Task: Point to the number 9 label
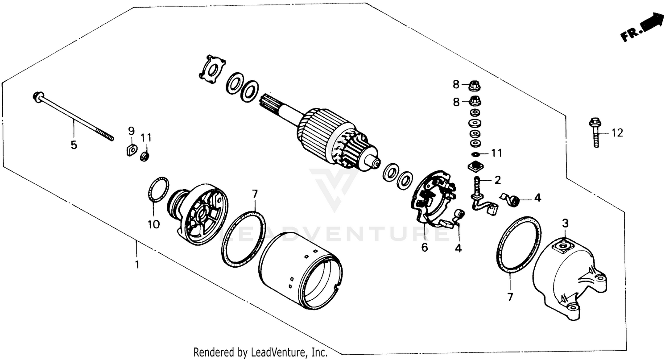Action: click(x=131, y=131)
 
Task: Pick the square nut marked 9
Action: click(x=130, y=150)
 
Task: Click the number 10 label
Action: click(x=153, y=224)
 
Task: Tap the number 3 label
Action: click(x=565, y=223)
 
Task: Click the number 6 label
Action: click(x=424, y=247)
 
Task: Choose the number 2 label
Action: click(x=497, y=180)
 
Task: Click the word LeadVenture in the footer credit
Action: click(x=277, y=352)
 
